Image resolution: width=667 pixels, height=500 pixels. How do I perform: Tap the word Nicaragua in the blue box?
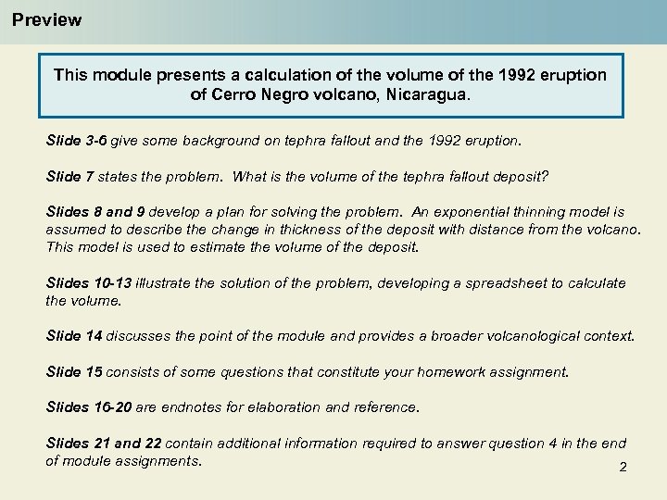pos(433,94)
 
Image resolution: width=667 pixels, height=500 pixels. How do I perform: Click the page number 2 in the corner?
pos(623,468)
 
